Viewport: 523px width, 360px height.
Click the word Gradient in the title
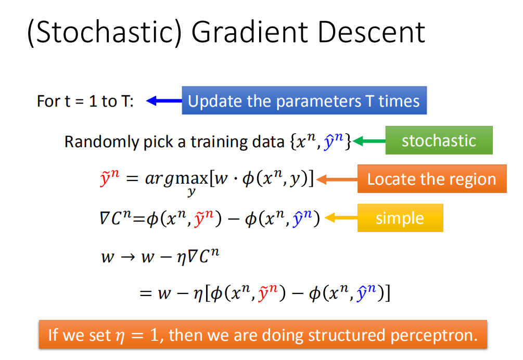click(x=249, y=32)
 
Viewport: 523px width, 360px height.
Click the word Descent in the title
click(x=372, y=32)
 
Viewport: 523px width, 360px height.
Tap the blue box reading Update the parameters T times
click(x=304, y=100)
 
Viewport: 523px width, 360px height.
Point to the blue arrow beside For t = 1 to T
click(x=164, y=101)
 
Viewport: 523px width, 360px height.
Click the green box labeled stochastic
click(x=439, y=140)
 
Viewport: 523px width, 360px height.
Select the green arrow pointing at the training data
click(x=369, y=141)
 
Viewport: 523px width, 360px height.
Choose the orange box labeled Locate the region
click(x=432, y=178)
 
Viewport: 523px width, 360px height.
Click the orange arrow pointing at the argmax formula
click(x=337, y=179)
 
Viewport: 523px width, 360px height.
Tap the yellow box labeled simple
click(x=400, y=217)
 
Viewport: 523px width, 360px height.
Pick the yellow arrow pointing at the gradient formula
click(x=341, y=218)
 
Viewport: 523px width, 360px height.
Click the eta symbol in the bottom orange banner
click(x=120, y=337)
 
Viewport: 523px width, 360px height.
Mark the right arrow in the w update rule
click(x=127, y=257)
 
